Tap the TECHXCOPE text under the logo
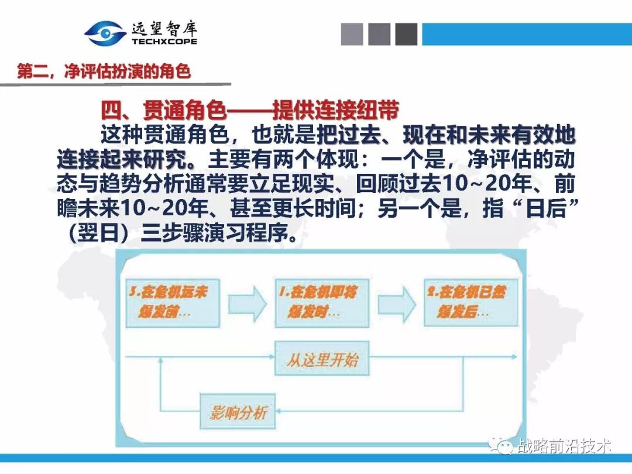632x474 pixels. (164, 42)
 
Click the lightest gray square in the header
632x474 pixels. (352, 34)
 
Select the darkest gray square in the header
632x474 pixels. (406, 34)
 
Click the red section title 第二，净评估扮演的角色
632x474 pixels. (104, 72)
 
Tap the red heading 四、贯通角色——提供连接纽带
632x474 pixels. (250, 110)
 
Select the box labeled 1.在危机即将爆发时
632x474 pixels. (322, 303)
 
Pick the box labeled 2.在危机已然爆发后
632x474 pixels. (471, 303)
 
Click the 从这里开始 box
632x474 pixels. (322, 359)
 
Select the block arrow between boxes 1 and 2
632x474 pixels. (396, 303)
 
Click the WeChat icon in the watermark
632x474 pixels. (503, 446)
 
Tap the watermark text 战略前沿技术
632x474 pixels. (564, 446)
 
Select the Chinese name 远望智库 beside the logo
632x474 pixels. (164, 27)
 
